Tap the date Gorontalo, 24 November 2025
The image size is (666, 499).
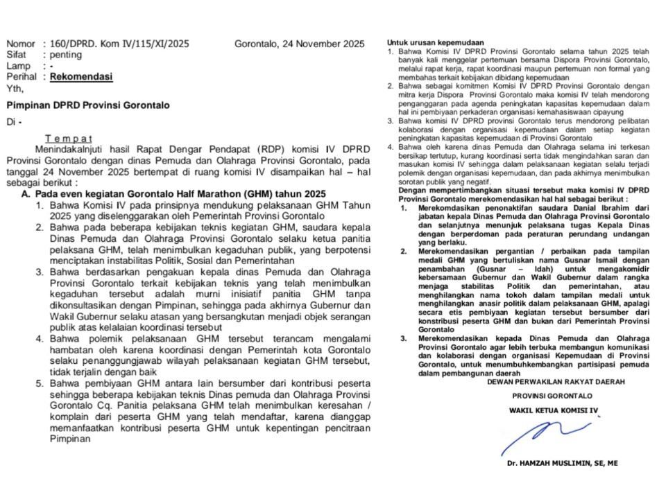pyautogui.click(x=299, y=43)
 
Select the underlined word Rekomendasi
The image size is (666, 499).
pyautogui.click(x=81, y=77)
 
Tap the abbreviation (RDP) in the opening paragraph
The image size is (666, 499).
pyautogui.click(x=268, y=149)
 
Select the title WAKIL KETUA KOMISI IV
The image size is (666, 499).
pyautogui.click(x=553, y=410)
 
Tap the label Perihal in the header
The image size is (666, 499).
pyautogui.click(x=22, y=77)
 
